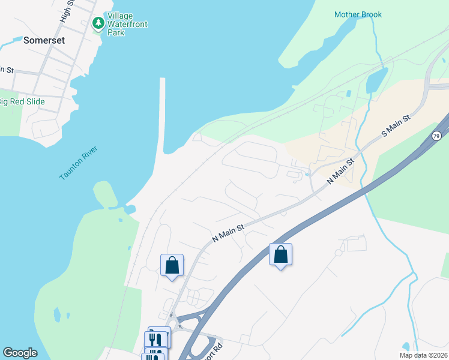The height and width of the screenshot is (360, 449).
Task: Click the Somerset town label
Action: pos(43,41)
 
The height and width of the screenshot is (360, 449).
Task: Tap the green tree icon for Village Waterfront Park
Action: pos(98,23)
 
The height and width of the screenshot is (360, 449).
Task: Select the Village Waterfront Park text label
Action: pos(127,24)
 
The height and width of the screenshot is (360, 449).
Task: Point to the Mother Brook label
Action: pos(358,14)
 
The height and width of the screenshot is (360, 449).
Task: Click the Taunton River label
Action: pos(78,163)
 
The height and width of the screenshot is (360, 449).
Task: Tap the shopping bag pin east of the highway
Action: pos(280,255)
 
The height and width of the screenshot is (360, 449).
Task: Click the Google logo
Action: pos(20,353)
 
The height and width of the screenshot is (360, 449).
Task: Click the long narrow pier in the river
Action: pos(162,114)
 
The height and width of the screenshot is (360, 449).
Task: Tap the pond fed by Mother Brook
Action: pos(376,81)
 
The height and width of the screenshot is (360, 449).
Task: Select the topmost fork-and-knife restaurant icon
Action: pos(158,338)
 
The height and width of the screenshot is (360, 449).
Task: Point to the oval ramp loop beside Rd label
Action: pos(211,347)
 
